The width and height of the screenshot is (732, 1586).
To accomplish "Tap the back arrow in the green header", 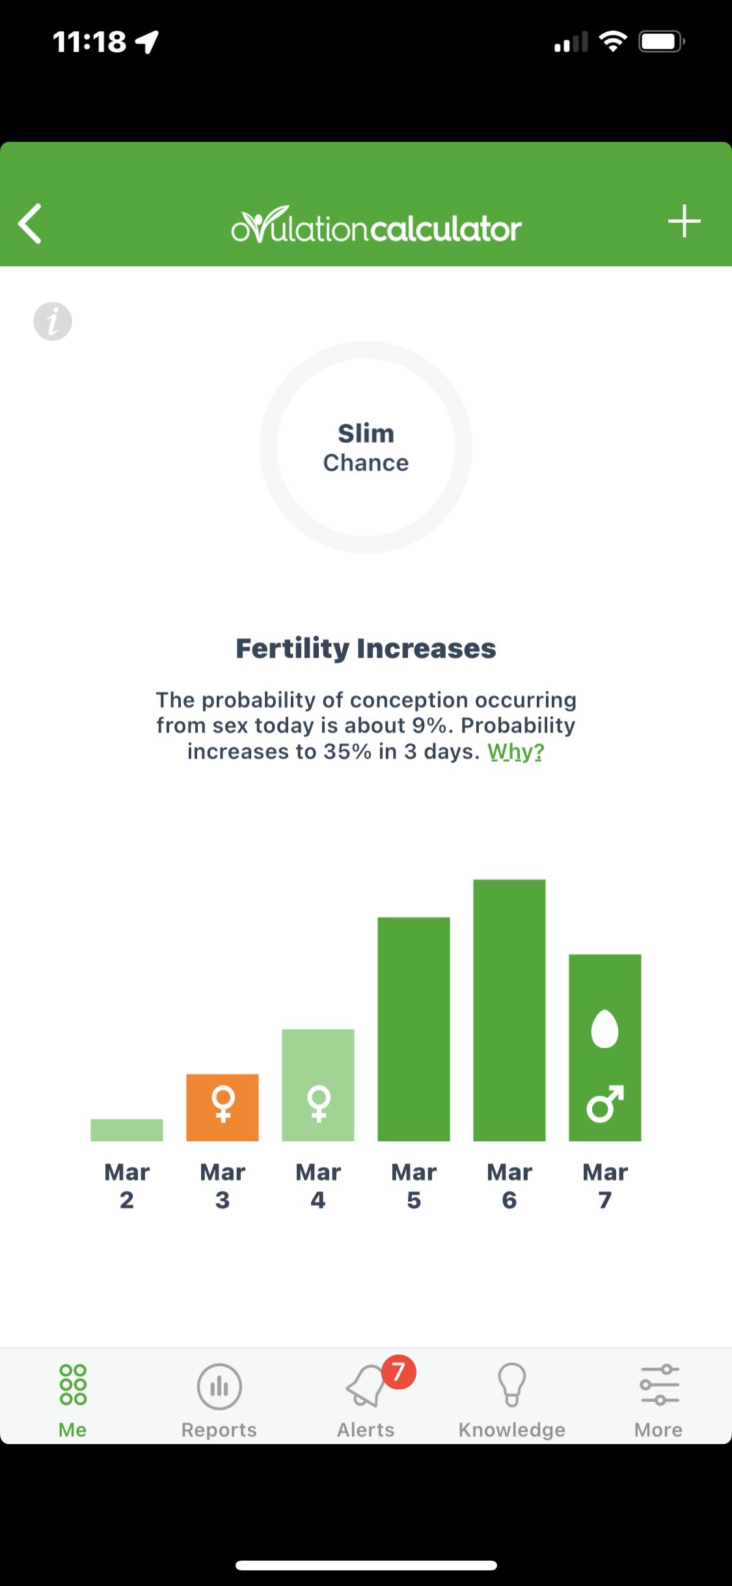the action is (x=30, y=223).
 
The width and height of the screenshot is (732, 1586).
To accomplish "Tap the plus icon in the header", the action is (x=684, y=221).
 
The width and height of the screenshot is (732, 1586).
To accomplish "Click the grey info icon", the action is (x=53, y=322).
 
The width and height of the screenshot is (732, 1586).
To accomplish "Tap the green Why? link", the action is (x=516, y=752).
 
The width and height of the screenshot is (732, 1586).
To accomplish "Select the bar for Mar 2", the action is (x=127, y=1130).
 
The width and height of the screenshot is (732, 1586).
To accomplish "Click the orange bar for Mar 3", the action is (x=223, y=1107).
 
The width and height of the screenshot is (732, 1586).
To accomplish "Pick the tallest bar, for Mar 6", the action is (x=509, y=1010).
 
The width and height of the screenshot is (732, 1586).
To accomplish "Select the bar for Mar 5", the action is (x=414, y=1029).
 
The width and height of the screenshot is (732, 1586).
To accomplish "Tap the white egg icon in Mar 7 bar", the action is (x=604, y=1029).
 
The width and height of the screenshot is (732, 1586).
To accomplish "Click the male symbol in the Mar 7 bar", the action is (x=605, y=1104).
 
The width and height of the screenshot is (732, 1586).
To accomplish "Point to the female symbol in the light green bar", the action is (x=319, y=1104).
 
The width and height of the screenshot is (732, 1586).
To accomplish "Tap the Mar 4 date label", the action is (x=318, y=1186).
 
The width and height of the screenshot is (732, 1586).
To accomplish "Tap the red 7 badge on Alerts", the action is (x=399, y=1372).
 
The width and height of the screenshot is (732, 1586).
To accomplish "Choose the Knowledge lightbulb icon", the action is (x=512, y=1385).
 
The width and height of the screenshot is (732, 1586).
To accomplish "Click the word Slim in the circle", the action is (x=366, y=434).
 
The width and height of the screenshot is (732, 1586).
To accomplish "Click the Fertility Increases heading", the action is (x=366, y=648).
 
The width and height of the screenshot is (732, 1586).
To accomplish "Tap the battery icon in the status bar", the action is (x=662, y=42).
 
